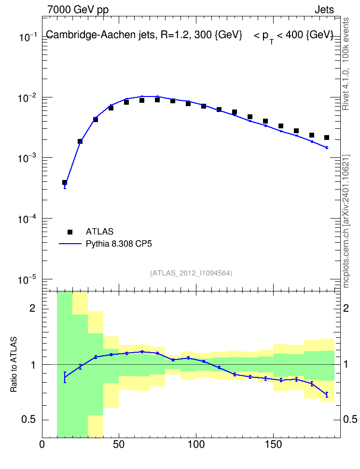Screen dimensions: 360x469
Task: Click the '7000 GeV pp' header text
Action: tap(78, 10)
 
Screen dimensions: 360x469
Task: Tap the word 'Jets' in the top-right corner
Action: tap(324, 10)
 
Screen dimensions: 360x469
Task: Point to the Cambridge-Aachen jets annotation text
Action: tap(190, 36)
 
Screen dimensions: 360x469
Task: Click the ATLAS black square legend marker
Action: tap(70, 232)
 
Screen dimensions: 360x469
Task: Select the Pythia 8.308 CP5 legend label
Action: tap(119, 244)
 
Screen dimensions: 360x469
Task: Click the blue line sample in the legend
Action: tap(70, 244)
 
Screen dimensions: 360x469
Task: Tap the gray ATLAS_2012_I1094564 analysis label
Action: tap(191, 273)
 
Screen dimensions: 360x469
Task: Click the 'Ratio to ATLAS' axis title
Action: tap(14, 364)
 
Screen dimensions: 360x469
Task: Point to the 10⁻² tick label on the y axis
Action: tap(27, 98)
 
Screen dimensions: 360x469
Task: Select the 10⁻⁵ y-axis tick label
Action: tap(27, 280)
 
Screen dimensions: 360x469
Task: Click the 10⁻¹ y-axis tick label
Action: tap(27, 37)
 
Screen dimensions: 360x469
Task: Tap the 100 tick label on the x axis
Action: tap(196, 444)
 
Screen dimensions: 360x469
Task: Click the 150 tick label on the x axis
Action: tap(273, 444)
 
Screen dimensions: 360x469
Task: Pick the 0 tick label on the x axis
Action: tap(42, 444)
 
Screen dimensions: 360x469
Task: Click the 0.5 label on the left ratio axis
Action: tap(28, 419)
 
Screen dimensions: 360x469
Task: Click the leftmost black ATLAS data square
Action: tap(65, 182)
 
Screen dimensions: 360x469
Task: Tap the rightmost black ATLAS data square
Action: tap(327, 138)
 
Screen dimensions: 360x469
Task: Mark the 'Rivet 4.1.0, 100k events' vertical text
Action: tap(346, 64)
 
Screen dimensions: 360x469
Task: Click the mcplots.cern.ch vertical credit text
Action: tap(346, 221)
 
